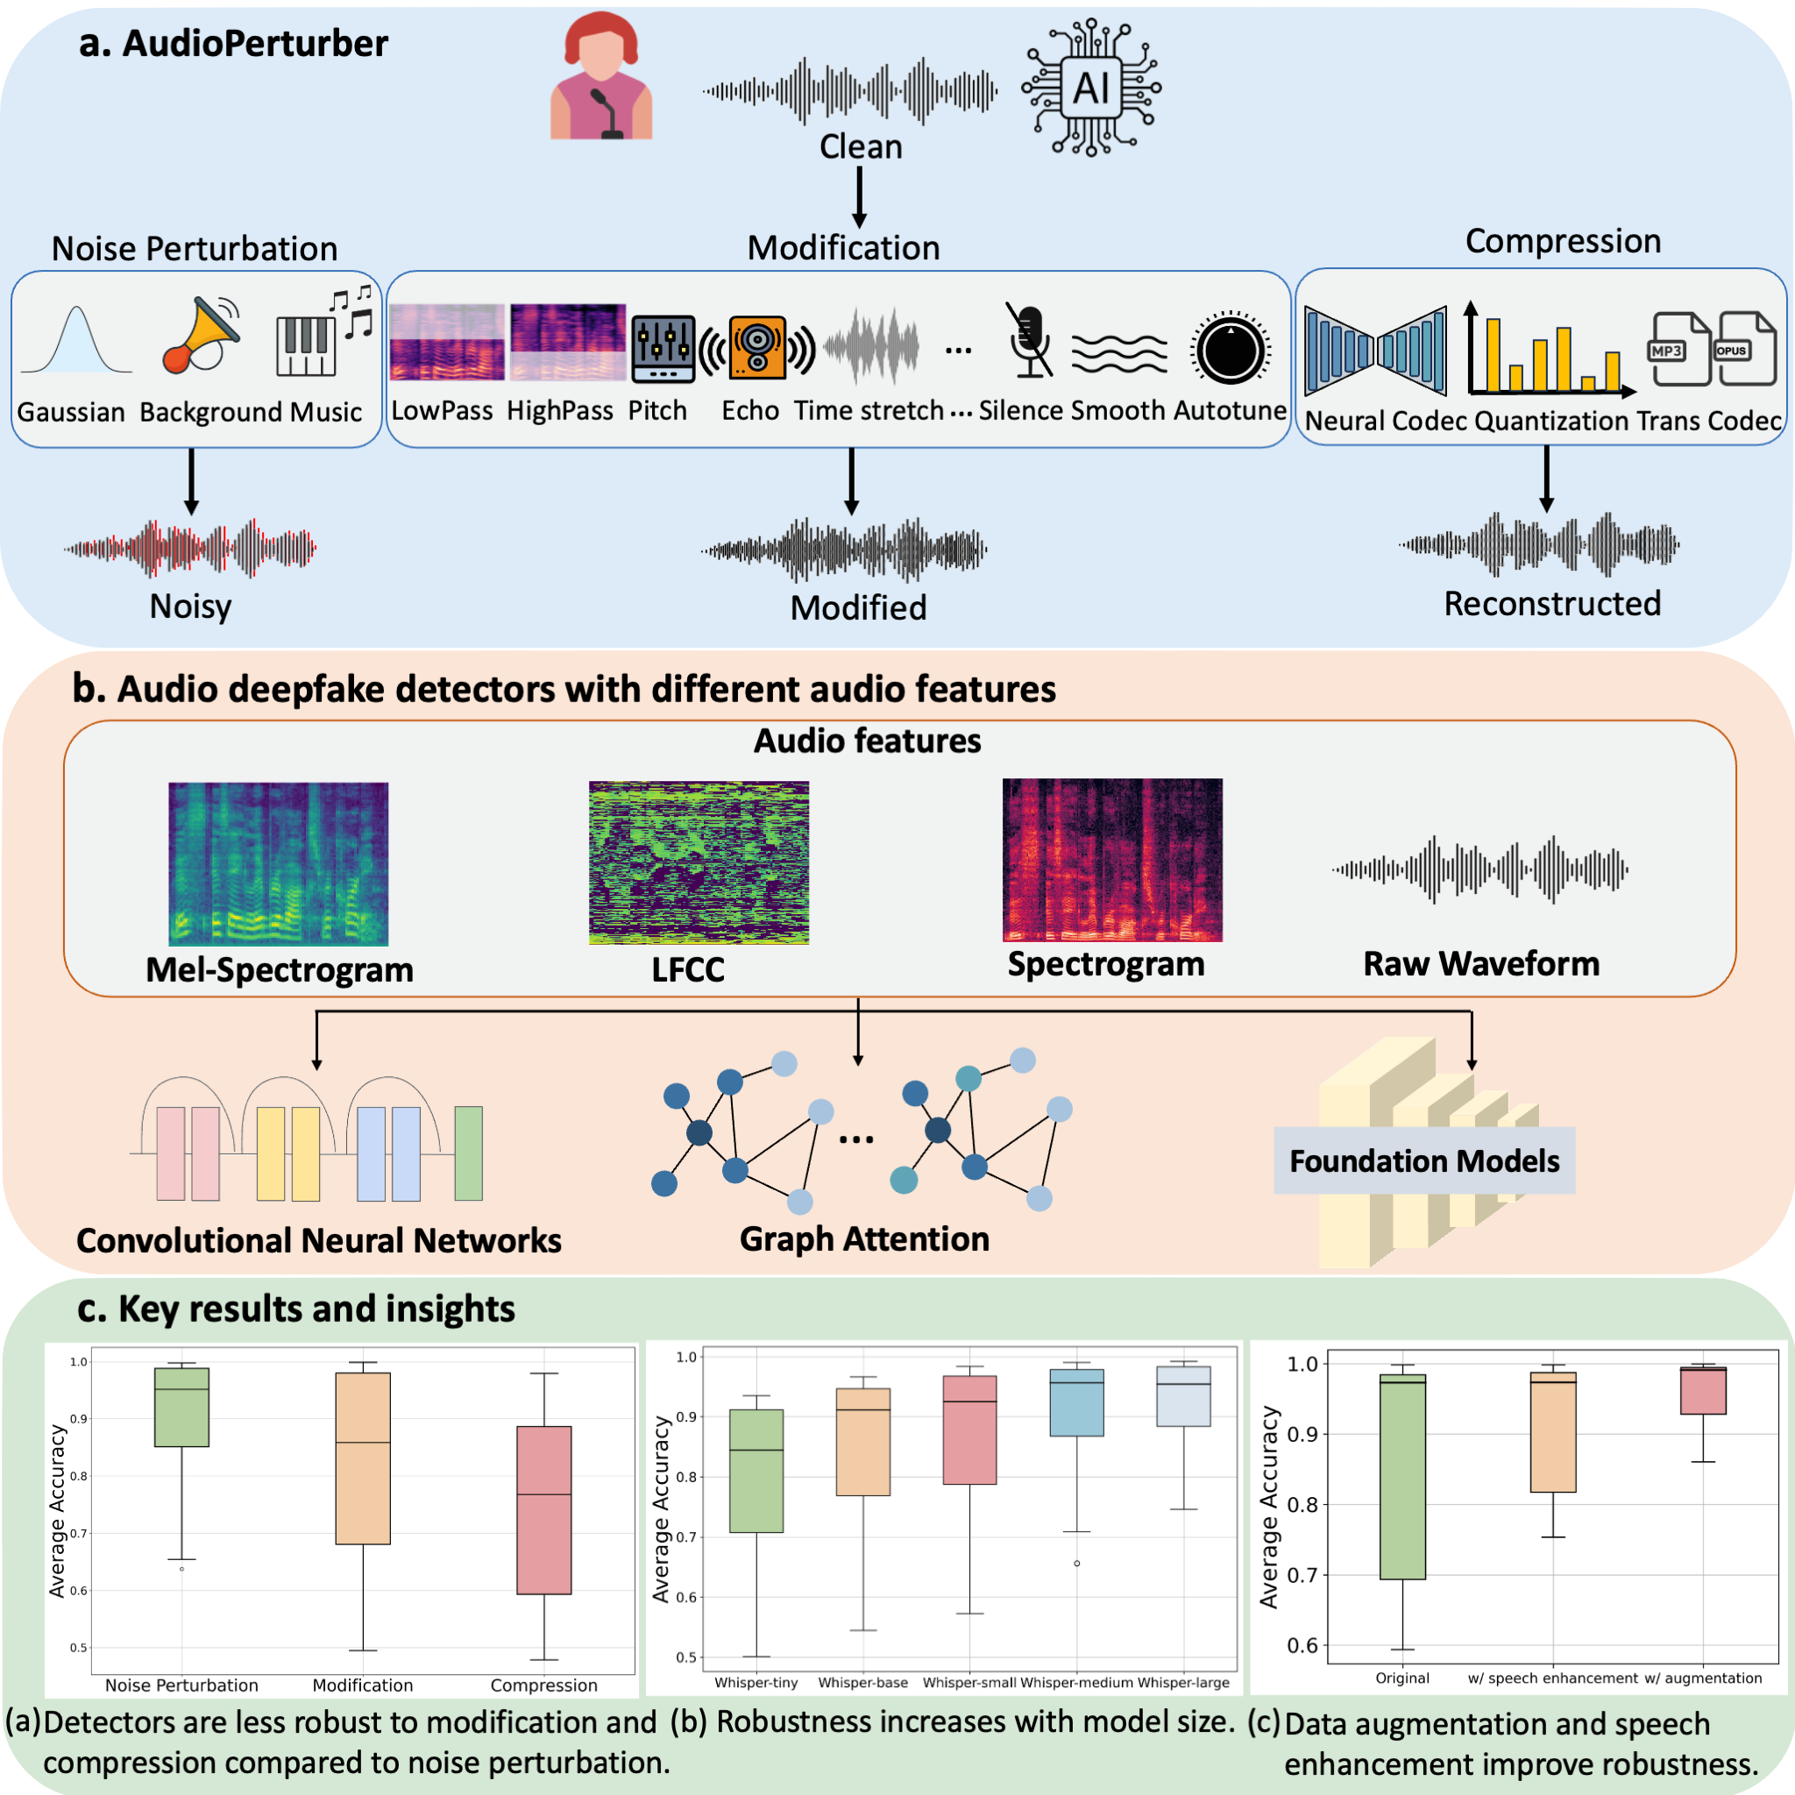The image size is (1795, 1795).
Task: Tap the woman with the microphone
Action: pyautogui.click(x=601, y=78)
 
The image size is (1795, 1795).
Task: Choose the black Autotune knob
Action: pyautogui.click(x=1230, y=351)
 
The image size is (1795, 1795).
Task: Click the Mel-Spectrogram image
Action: pyautogui.click(x=278, y=864)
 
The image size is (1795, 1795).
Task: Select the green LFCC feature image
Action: pyautogui.click(x=699, y=863)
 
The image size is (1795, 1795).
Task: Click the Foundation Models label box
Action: pyautogui.click(x=1424, y=1160)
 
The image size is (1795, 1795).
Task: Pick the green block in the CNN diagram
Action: pyautogui.click(x=468, y=1153)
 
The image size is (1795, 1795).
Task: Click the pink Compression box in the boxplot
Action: pyautogui.click(x=543, y=1510)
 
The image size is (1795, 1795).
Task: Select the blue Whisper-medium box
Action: pyautogui.click(x=1077, y=1403)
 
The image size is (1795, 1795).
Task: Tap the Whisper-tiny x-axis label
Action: pyautogui.click(x=756, y=1683)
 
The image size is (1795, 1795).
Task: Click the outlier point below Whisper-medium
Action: pyautogui.click(x=1077, y=1564)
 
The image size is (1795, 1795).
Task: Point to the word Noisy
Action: pyautogui.click(x=190, y=607)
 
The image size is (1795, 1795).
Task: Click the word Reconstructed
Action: pyautogui.click(x=1551, y=604)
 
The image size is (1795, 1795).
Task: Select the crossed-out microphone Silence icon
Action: pyautogui.click(x=1030, y=341)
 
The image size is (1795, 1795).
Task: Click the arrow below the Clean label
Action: pyautogui.click(x=860, y=198)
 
